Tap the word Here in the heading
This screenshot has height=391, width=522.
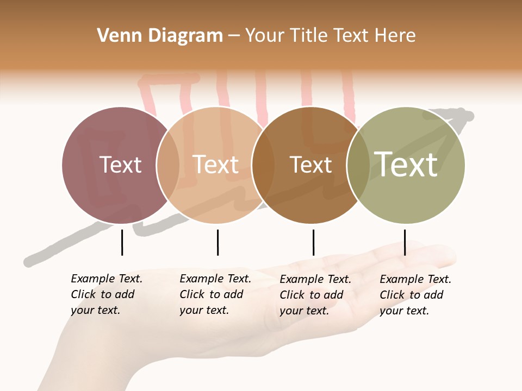(395, 36)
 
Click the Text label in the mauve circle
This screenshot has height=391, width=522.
(120, 165)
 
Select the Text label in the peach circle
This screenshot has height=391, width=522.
(216, 165)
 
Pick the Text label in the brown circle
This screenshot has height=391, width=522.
(310, 165)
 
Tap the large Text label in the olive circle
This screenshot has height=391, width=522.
(406, 164)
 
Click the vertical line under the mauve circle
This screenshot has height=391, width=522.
(122, 242)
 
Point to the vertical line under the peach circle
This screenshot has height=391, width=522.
(217, 242)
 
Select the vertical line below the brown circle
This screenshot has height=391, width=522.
(313, 242)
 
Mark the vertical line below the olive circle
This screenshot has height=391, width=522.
(405, 242)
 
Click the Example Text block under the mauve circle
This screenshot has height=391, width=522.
(106, 294)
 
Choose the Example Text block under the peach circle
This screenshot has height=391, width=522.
(215, 294)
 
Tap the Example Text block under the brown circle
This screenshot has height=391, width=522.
(315, 295)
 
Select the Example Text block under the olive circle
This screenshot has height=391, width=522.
(415, 295)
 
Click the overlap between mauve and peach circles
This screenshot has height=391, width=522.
(168, 165)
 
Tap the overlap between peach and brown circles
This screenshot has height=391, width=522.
(263, 165)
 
